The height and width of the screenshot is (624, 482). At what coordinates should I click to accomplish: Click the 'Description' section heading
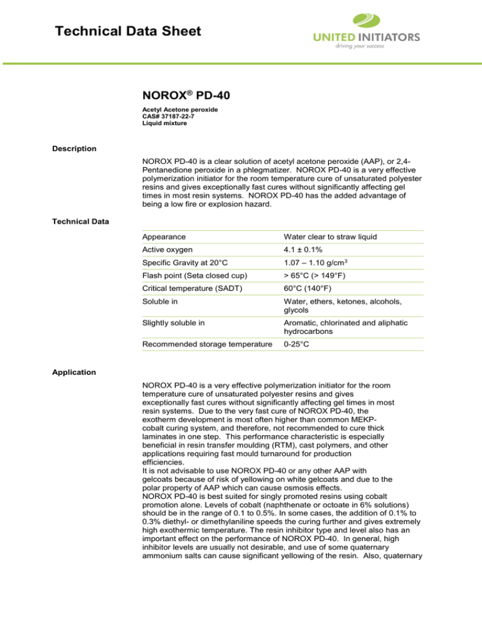(x=75, y=149)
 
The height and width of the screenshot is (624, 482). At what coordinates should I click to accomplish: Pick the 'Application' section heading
(x=75, y=372)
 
